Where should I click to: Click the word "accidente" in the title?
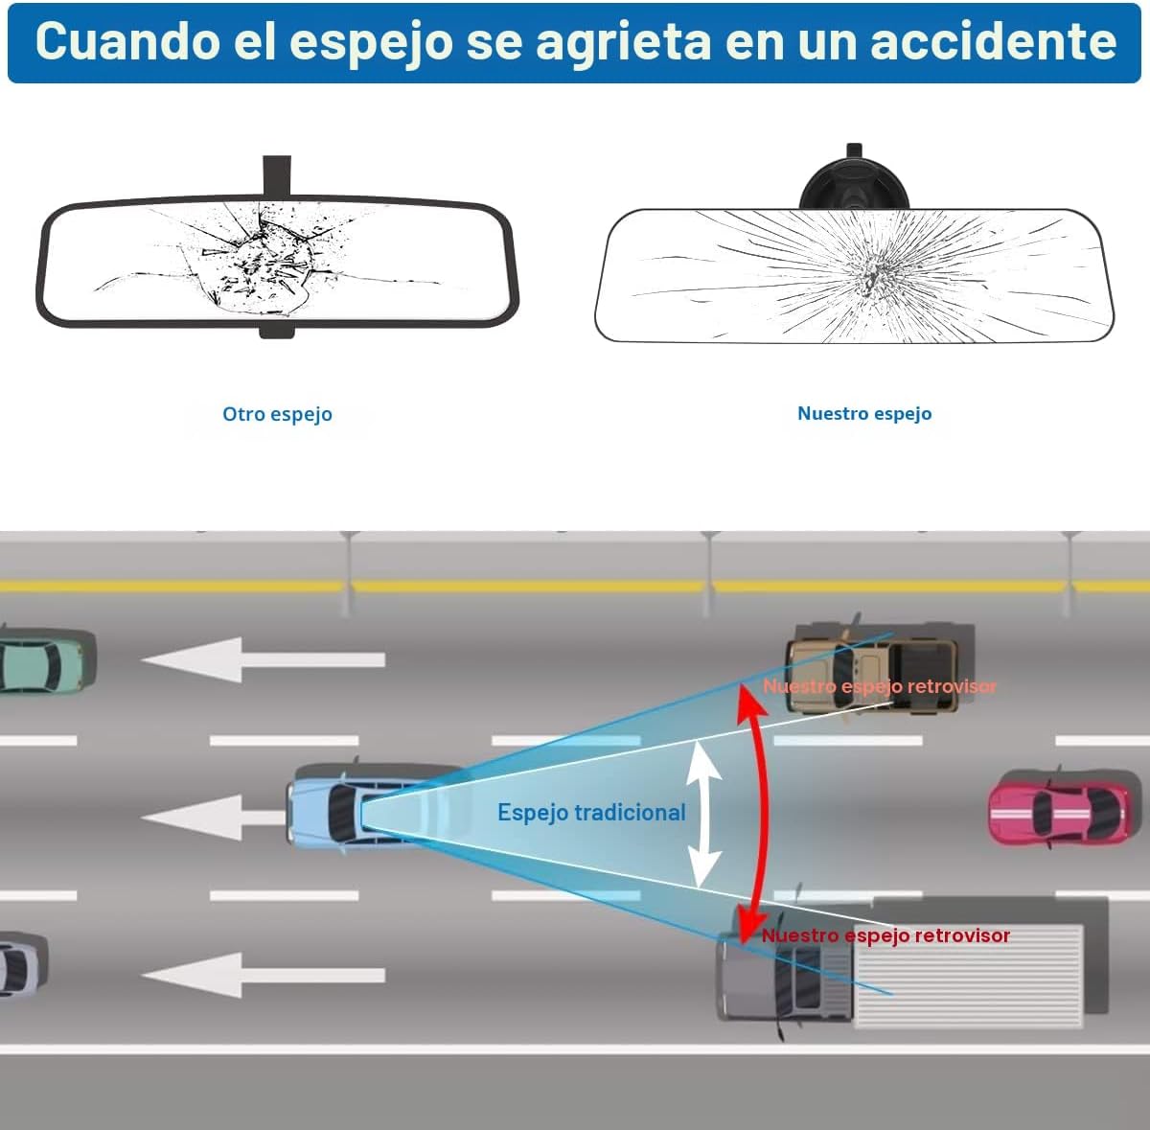click(x=993, y=41)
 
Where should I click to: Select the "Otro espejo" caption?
click(x=278, y=414)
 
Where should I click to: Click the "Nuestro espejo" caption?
click(x=864, y=413)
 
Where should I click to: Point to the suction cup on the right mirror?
click(x=855, y=184)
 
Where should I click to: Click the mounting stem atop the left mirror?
click(x=276, y=175)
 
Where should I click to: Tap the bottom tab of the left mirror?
click(x=276, y=332)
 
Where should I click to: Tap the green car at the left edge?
click(x=45, y=661)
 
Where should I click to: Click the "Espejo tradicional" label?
click(x=591, y=813)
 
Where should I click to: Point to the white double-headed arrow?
click(x=704, y=815)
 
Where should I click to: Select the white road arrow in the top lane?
click(x=264, y=659)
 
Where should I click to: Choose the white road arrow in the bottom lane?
click(x=264, y=975)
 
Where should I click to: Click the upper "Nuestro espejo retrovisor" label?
click(x=880, y=686)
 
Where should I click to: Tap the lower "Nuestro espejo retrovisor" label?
click(x=885, y=935)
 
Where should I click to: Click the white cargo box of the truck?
click(x=968, y=976)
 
